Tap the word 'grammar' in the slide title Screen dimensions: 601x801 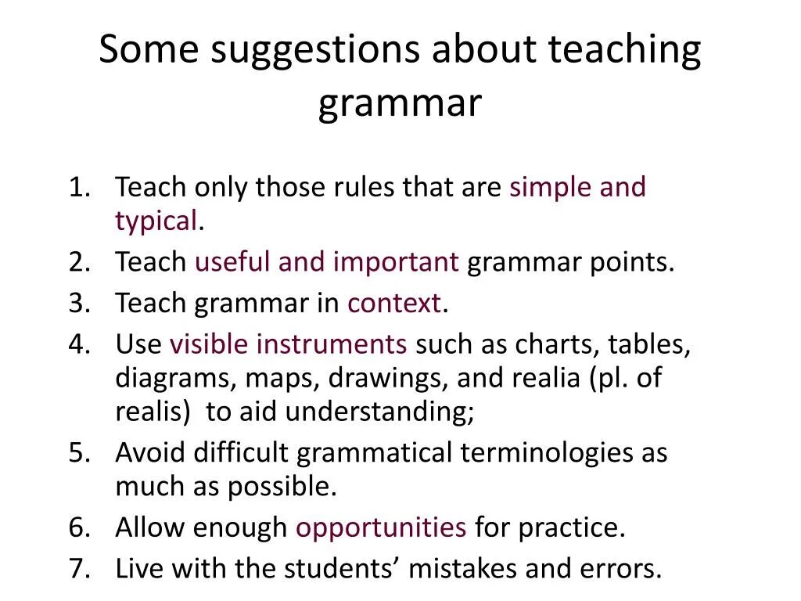point(400,104)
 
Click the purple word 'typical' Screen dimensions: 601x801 point(156,222)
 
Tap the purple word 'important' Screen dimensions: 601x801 point(396,262)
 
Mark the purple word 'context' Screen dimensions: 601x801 point(394,303)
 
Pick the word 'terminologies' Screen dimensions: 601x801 point(547,452)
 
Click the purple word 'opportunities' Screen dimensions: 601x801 point(380,528)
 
